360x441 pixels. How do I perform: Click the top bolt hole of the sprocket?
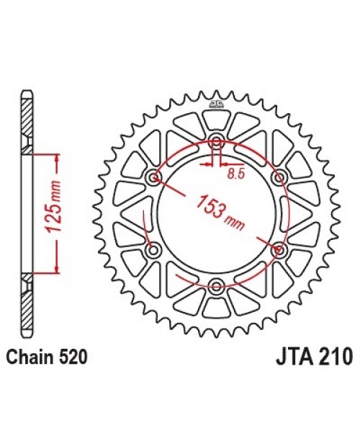click(215, 141)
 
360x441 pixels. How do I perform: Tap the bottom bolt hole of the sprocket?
click(215, 287)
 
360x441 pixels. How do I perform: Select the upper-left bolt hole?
click(152, 177)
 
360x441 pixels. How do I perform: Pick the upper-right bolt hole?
click(279, 177)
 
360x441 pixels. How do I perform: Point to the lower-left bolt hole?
click(152, 250)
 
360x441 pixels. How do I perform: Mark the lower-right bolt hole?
click(279, 250)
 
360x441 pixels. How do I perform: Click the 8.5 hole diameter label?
click(235, 173)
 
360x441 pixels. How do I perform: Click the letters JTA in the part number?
click(294, 357)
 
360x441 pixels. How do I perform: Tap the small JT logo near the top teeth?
click(215, 107)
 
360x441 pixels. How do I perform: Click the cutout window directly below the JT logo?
click(215, 121)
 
